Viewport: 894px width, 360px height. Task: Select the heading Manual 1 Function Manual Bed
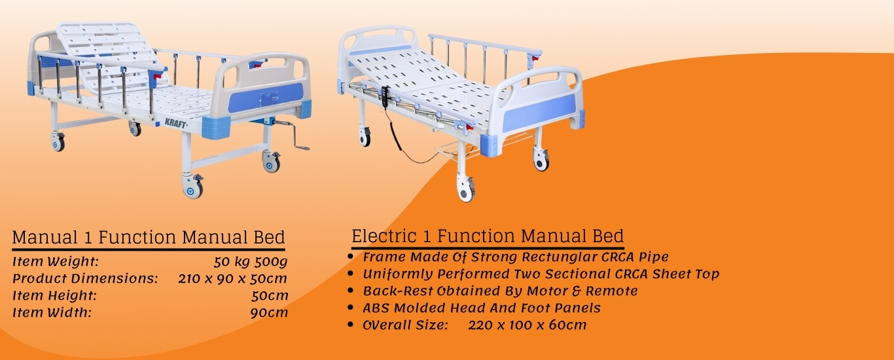point(149,237)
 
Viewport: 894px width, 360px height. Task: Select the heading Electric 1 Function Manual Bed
point(488,236)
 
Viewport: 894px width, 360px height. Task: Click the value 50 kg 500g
point(251,262)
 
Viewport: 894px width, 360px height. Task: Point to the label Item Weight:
point(56,262)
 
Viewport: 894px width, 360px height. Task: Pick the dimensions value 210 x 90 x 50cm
point(232,279)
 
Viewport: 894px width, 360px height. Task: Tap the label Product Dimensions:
point(86,279)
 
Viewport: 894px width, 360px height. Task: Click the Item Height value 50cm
point(269,296)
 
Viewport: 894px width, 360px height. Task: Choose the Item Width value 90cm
point(269,313)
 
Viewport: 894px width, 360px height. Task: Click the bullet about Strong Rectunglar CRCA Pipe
point(516,257)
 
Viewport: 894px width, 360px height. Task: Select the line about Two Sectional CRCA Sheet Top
point(541,274)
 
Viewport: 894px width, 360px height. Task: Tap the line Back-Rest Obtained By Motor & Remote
point(500,291)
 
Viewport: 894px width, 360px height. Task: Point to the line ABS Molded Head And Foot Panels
point(482,308)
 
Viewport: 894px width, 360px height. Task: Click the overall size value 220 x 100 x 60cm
point(527,325)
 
